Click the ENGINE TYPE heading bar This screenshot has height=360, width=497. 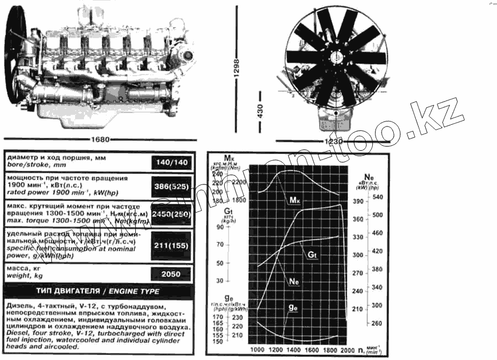pyautogui.click(x=99, y=291)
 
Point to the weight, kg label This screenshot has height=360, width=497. pyautogui.click(x=24, y=275)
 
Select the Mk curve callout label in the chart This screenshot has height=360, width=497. pyautogui.click(x=295, y=200)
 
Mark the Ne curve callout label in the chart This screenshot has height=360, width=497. pyautogui.click(x=294, y=281)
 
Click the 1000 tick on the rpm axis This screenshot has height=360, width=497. pyautogui.click(x=257, y=350)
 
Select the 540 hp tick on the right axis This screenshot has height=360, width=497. pyautogui.click(x=377, y=197)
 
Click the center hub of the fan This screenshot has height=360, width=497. pyautogui.click(x=335, y=57)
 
